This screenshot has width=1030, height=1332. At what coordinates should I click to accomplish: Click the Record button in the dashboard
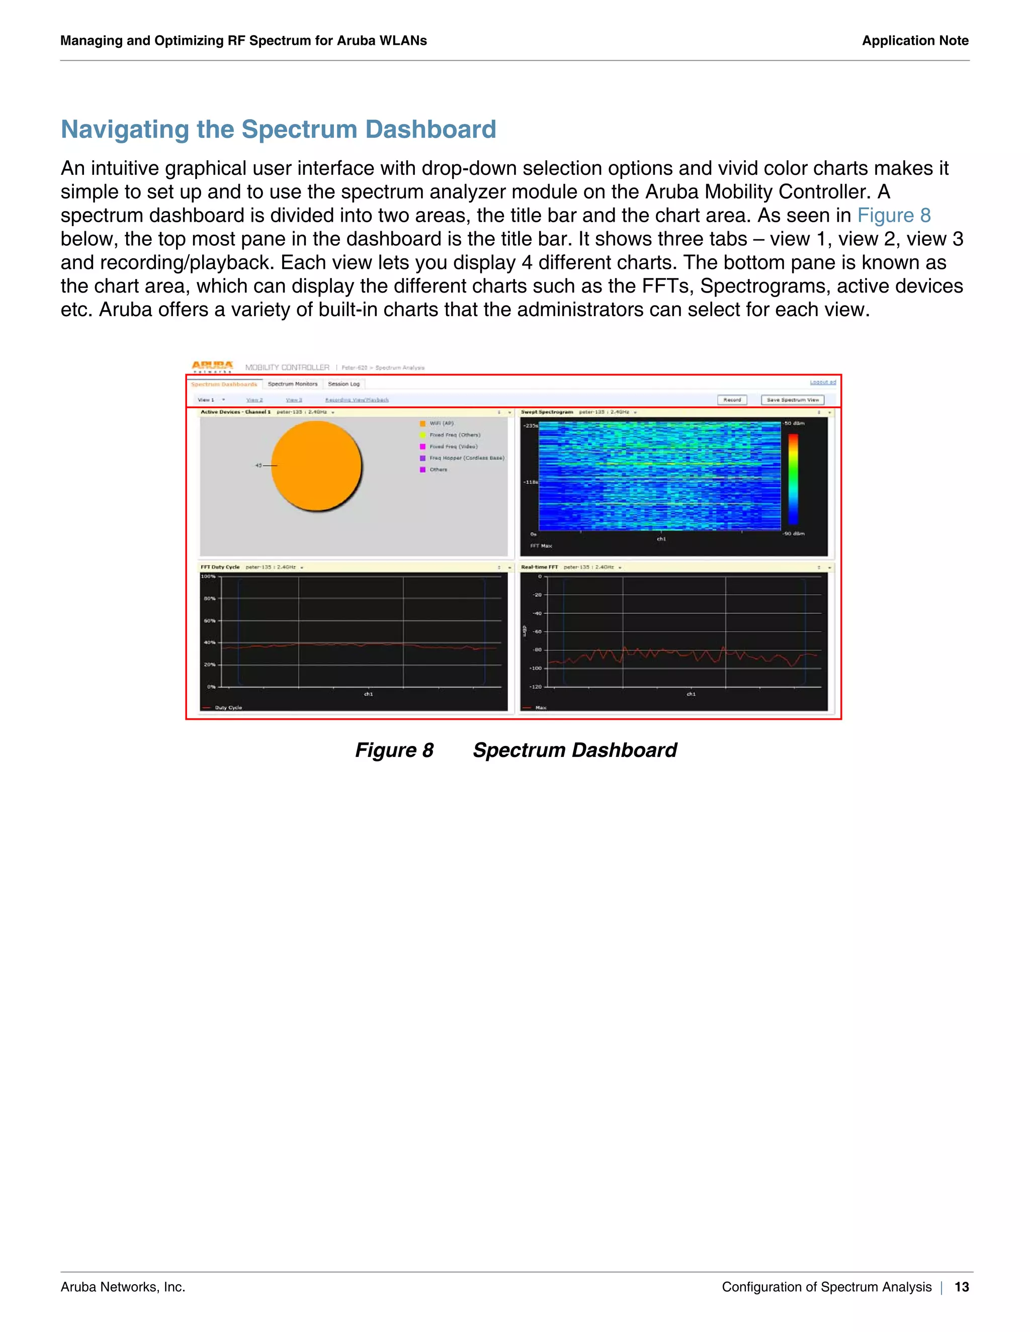tap(732, 400)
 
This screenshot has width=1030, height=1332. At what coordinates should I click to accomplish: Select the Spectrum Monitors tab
tap(292, 384)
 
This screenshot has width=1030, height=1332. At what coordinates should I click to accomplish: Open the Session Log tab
tap(344, 384)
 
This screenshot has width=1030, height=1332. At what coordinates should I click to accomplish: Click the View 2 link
tap(254, 400)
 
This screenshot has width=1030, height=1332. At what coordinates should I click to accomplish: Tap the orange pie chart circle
tap(316, 466)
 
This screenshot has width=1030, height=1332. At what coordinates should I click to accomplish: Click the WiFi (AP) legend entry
tap(441, 423)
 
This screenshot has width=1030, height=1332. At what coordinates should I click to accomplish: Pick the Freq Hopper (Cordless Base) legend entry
tap(466, 458)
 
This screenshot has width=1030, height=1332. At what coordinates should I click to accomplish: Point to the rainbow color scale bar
tap(793, 479)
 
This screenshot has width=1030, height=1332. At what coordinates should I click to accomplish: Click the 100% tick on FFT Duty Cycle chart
tap(208, 577)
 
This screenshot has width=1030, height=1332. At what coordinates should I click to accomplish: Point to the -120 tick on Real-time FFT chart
tap(535, 687)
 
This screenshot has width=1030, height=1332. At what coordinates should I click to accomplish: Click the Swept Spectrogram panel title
tap(547, 412)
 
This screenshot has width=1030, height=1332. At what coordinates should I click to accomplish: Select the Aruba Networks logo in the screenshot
tap(212, 366)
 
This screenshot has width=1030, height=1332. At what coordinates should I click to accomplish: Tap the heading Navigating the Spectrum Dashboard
tap(278, 129)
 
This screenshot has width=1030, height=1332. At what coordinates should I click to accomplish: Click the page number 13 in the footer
tap(962, 1287)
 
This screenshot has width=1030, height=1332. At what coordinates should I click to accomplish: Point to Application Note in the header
tap(915, 41)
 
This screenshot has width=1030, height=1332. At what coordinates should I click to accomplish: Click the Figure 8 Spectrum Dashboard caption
tap(516, 749)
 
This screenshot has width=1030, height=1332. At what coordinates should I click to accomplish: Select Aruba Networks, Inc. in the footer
tap(123, 1287)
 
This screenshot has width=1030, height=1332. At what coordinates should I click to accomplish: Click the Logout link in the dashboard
tap(822, 383)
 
